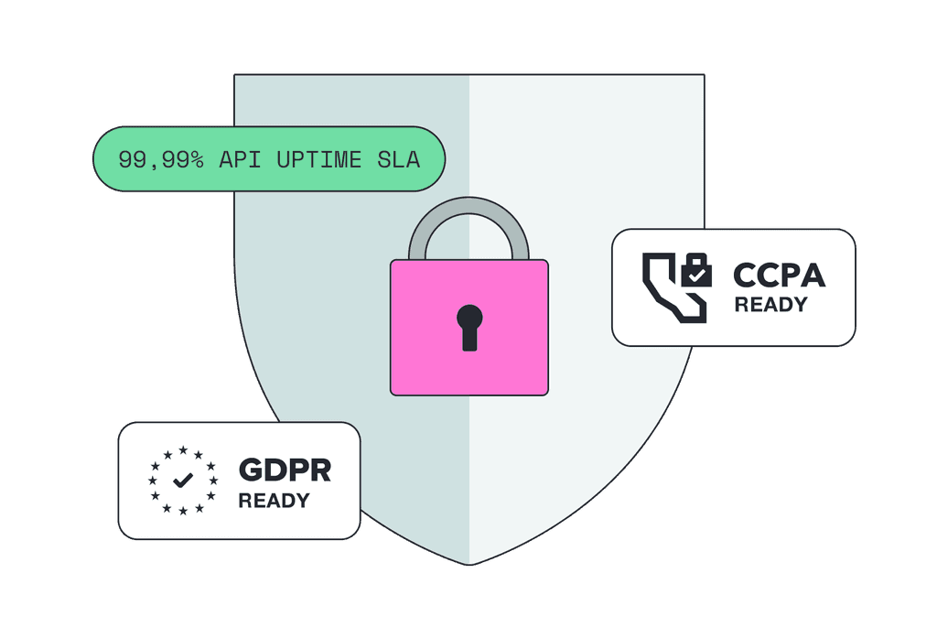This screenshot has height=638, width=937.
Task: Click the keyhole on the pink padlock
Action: click(x=469, y=328)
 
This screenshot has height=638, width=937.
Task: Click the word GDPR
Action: click(x=285, y=470)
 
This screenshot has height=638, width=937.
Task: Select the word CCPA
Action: click(x=780, y=275)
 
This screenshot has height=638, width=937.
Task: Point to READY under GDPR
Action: click(x=275, y=501)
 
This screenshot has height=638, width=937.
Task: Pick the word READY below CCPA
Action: click(x=770, y=304)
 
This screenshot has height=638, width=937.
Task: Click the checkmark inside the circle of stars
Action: click(x=183, y=480)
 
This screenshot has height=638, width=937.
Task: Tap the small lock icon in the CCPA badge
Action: click(x=696, y=270)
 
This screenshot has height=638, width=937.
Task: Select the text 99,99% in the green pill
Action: click(x=161, y=159)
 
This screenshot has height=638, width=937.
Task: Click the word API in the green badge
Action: click(x=240, y=159)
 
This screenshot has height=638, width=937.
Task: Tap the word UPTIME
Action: click(x=319, y=159)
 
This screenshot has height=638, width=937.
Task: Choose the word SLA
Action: click(x=399, y=159)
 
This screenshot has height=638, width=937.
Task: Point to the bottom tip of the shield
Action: click(x=469, y=565)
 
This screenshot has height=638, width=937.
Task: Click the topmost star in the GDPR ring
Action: click(x=183, y=449)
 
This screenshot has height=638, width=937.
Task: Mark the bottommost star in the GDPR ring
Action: click(x=183, y=511)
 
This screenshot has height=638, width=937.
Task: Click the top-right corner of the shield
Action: click(x=705, y=75)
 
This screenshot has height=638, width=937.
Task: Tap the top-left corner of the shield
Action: click(x=234, y=75)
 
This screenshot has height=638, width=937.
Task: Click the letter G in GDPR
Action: click(x=251, y=470)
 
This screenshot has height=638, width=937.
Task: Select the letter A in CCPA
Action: click(x=813, y=275)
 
